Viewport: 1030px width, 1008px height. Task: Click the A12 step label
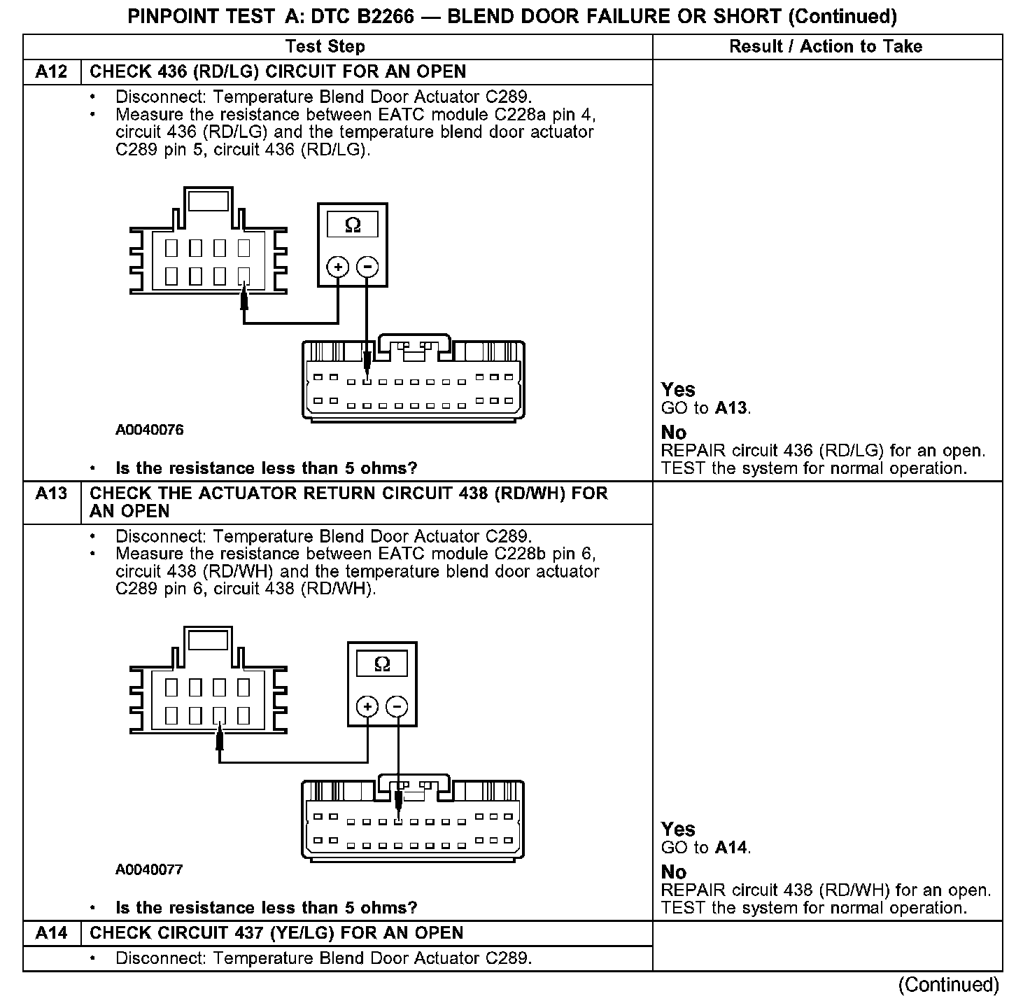(51, 72)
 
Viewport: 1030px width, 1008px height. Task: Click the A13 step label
(51, 494)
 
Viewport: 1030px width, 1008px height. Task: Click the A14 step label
(51, 933)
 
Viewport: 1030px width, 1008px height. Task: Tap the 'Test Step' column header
(325, 47)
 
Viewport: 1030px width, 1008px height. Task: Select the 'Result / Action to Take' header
(826, 47)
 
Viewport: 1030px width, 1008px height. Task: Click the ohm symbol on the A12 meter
(353, 225)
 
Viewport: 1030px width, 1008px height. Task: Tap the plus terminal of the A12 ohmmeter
(338, 267)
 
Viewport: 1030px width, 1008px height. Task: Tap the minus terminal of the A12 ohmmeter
(367, 267)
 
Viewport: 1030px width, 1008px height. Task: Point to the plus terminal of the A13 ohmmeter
(367, 706)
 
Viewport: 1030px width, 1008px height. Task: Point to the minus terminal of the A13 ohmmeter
(397, 706)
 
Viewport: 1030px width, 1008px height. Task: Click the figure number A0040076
(150, 430)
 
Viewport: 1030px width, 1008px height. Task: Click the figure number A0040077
(150, 869)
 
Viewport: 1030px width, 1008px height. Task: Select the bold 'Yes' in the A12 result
(678, 390)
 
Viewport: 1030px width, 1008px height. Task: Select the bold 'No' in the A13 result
(674, 872)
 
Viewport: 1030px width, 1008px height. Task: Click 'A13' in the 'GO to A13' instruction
(731, 408)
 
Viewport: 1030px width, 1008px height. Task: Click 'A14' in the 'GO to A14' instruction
(731, 848)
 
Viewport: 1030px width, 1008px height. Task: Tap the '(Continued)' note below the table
(949, 985)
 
